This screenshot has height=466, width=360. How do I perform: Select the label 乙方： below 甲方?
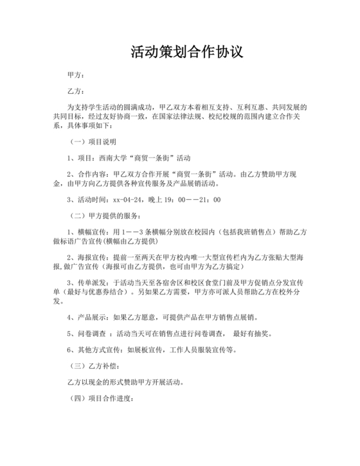coord(76,91)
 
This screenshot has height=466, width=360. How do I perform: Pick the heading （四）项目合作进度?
coord(100,399)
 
